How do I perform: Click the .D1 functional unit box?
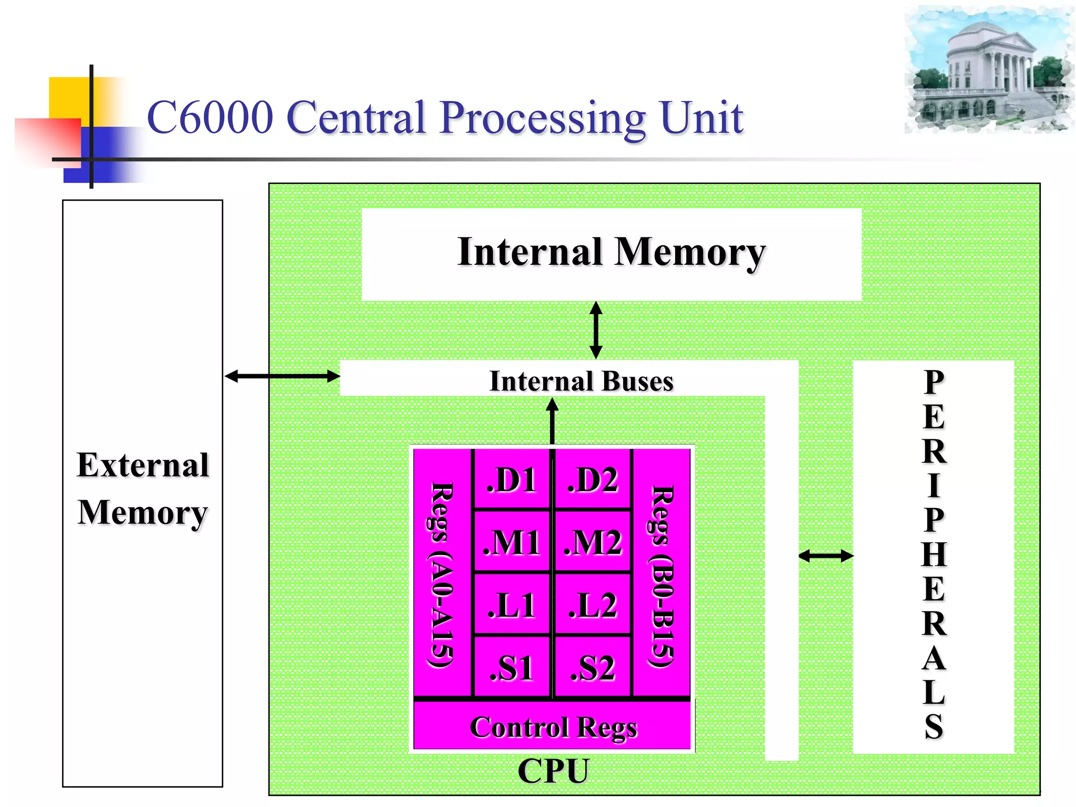click(512, 479)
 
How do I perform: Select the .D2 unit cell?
click(593, 479)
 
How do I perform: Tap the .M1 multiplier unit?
click(512, 542)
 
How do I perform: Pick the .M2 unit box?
click(593, 542)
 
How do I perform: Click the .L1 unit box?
click(512, 605)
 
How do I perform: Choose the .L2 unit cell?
click(593, 605)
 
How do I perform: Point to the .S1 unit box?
click(512, 668)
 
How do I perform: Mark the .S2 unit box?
click(593, 668)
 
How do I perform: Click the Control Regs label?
click(553, 727)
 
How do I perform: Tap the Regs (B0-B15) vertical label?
click(661, 576)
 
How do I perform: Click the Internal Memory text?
click(611, 252)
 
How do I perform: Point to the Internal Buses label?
click(581, 381)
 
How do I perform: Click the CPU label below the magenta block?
click(553, 771)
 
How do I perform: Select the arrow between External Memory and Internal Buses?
click(282, 376)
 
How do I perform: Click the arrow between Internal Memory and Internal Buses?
click(596, 330)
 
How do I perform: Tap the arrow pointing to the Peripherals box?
click(825, 556)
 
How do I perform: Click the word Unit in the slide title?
click(701, 118)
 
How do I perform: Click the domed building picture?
click(988, 69)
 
